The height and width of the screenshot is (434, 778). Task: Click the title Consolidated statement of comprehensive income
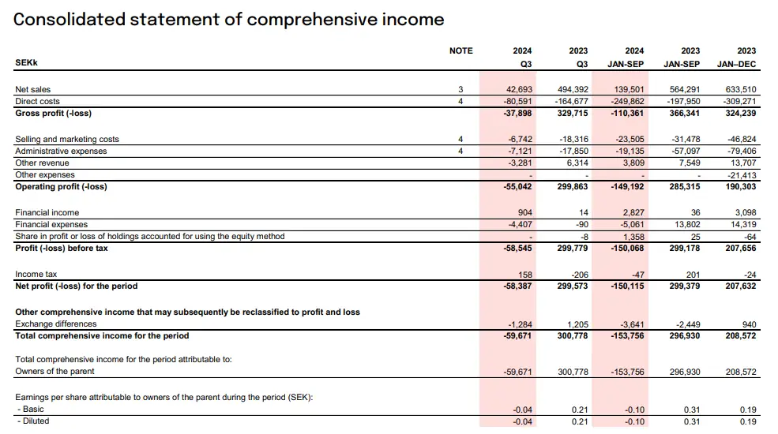tap(229, 19)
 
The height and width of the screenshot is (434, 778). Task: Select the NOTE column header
tap(460, 51)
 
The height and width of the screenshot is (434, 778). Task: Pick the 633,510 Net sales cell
tap(738, 90)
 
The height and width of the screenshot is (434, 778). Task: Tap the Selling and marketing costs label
tap(67, 140)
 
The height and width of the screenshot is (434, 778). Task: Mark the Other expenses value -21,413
tap(740, 175)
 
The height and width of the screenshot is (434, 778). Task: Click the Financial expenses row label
tap(52, 225)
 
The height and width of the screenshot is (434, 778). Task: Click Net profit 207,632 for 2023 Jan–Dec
tap(738, 286)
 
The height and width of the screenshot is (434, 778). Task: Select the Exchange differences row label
tap(56, 324)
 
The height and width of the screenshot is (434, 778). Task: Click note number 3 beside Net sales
tap(460, 90)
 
